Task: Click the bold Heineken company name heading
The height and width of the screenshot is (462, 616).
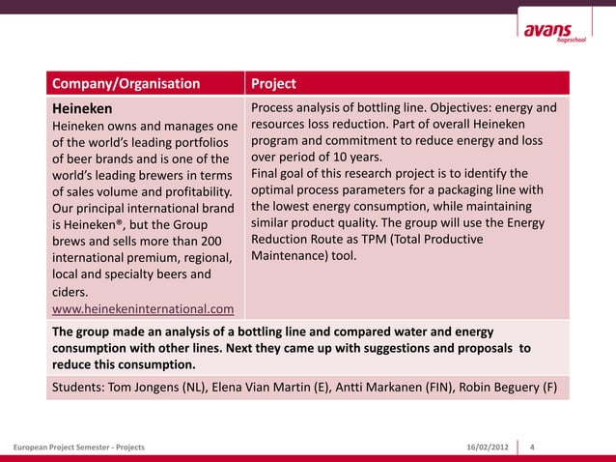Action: point(82,108)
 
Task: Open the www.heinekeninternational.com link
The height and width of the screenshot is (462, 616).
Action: point(143,309)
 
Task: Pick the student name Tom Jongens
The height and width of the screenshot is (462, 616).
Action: point(155,388)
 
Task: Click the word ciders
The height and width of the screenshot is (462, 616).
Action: point(70,291)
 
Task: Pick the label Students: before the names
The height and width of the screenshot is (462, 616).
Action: point(80,388)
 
